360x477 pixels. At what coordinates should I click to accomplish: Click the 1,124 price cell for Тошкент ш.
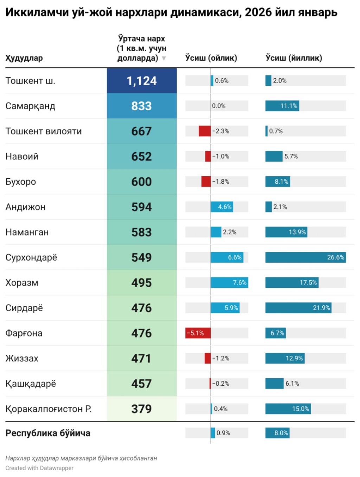(142, 81)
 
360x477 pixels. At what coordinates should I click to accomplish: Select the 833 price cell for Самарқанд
(142, 106)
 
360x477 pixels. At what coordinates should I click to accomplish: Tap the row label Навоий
(22, 157)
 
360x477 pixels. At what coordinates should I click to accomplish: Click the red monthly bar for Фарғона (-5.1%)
(198, 333)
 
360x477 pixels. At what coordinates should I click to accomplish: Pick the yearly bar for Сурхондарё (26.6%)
(306, 257)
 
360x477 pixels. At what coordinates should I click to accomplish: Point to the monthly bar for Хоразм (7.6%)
(229, 283)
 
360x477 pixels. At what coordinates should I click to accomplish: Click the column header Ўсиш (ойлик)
(211, 58)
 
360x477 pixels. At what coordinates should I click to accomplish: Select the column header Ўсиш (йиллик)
(294, 58)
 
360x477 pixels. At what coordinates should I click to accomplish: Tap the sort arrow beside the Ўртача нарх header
(164, 58)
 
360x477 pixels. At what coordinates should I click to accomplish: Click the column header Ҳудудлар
(24, 58)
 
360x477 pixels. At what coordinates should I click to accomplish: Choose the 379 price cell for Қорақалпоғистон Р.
(142, 409)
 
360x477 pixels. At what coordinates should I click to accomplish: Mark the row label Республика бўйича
(48, 433)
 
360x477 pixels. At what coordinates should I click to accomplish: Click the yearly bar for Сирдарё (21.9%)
(298, 308)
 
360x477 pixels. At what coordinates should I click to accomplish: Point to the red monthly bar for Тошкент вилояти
(205, 131)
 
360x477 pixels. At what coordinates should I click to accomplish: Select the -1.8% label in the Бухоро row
(221, 182)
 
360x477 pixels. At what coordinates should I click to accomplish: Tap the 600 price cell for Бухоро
(142, 182)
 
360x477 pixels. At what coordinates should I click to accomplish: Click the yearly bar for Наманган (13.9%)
(286, 232)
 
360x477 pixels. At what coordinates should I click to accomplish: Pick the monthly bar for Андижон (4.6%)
(222, 207)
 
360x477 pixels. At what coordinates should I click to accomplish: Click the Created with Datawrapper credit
(39, 468)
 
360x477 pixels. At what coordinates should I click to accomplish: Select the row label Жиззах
(22, 359)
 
